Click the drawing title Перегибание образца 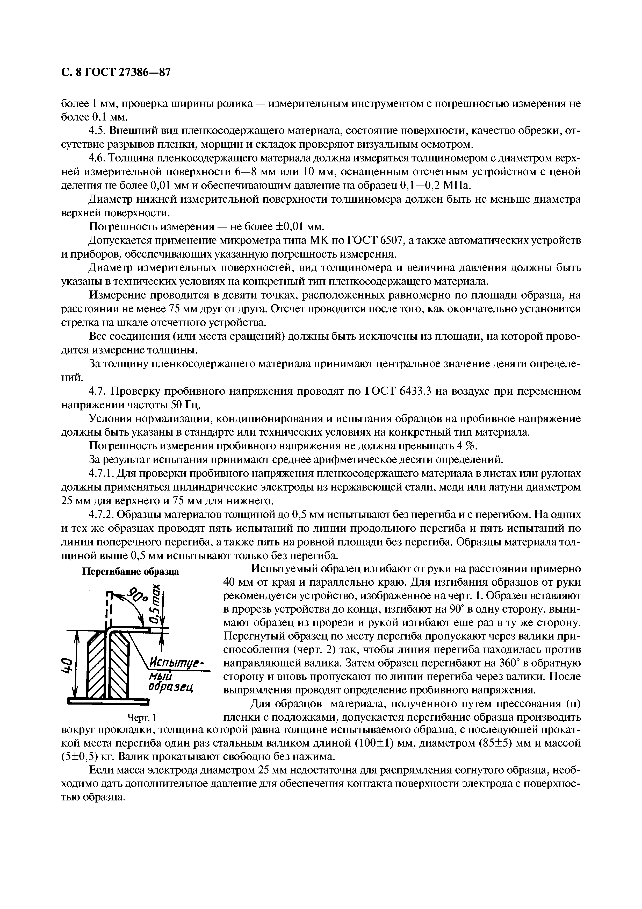[x=130, y=572]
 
